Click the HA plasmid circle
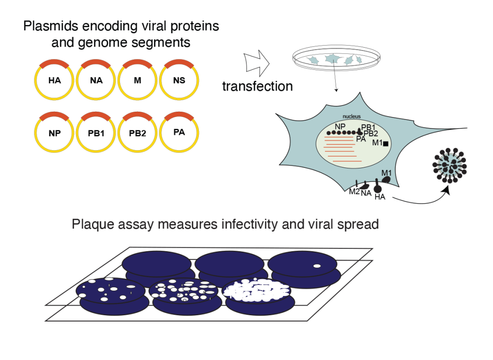54,80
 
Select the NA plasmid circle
96,80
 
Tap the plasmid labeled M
138,80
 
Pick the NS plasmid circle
179,80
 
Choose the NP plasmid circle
54,133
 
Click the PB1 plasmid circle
96,133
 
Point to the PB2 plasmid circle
138,133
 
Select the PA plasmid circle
179,132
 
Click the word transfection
257,86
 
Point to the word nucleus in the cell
351,116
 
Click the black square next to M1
385,143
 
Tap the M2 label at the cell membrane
354,192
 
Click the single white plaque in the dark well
317,266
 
